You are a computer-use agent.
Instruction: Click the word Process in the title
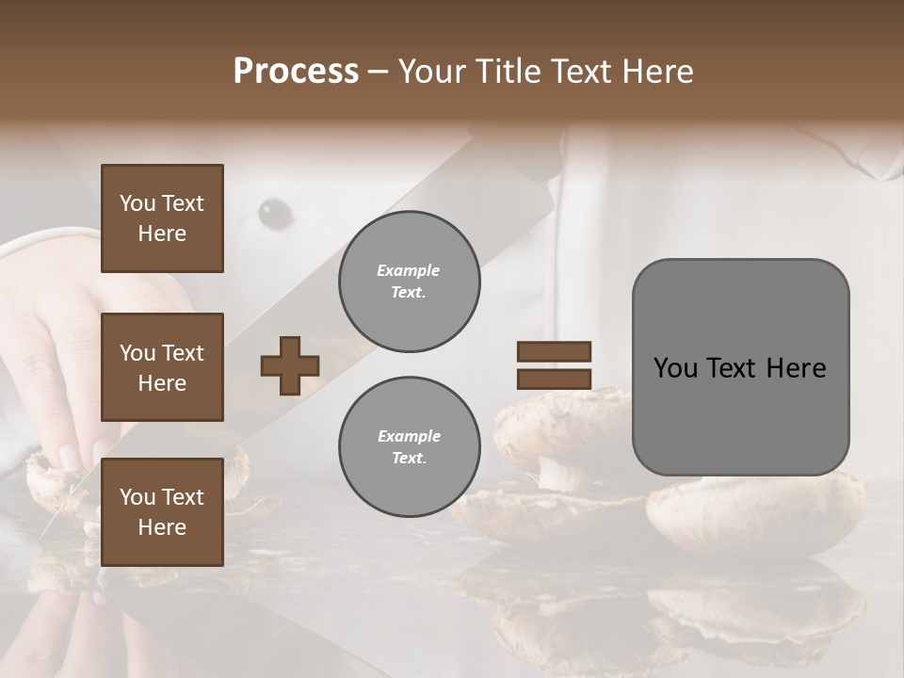296,72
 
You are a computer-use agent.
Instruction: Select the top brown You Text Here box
162,218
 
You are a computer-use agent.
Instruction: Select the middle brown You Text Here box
162,367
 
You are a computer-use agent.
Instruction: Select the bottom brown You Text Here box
162,512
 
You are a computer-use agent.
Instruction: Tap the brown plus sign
290,365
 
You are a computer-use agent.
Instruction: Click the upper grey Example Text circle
409,282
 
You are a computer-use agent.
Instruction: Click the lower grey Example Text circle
409,447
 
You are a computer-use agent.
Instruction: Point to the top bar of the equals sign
554,351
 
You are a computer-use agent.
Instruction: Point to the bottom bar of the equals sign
554,379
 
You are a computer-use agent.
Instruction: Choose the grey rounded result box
740,367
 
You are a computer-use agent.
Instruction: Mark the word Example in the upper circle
409,270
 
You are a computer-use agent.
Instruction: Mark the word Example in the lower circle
409,436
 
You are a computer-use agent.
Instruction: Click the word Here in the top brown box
162,234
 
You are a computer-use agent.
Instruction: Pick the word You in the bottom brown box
137,497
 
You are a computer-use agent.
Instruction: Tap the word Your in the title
431,72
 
